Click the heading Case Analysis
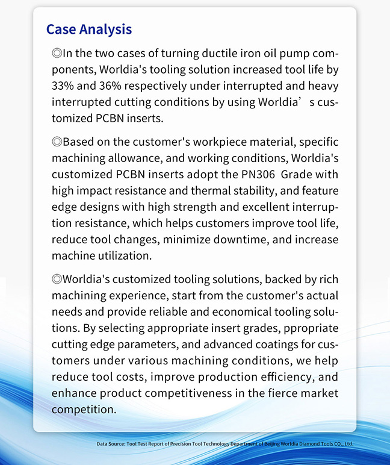[x=88, y=29]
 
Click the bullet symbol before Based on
[x=57, y=142]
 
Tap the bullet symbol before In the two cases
[x=57, y=53]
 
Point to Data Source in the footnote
[x=111, y=445]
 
